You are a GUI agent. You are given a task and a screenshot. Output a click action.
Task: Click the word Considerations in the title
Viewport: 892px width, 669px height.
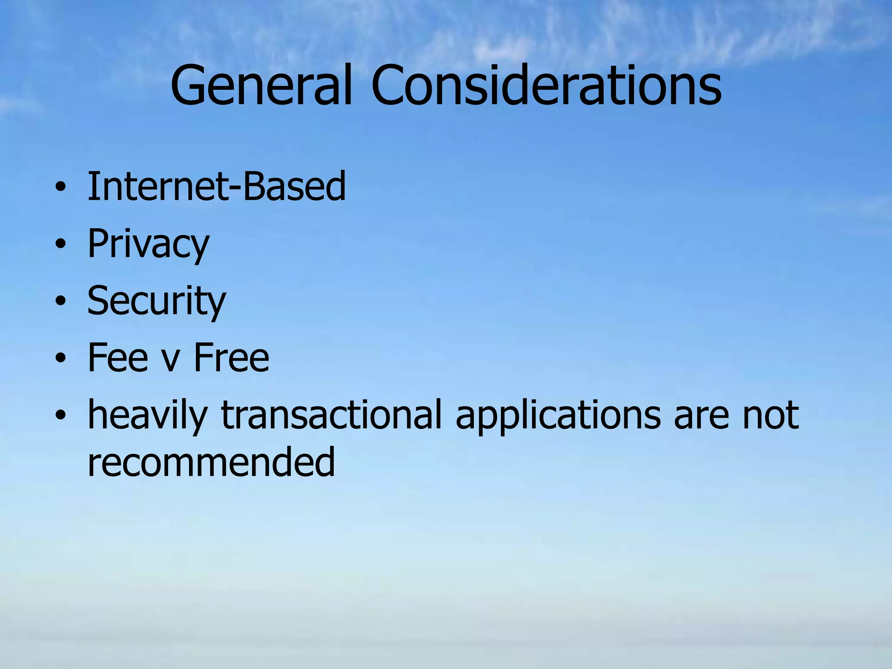546,85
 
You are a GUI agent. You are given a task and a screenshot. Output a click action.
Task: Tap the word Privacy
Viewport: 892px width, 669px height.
149,244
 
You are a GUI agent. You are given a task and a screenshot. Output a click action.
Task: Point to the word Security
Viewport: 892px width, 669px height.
156,301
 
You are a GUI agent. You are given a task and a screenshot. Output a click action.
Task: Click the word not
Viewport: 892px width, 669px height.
770,416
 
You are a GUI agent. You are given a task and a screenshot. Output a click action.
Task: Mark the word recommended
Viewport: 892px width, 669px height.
211,462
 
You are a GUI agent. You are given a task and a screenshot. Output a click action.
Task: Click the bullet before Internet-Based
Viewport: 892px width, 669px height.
61,188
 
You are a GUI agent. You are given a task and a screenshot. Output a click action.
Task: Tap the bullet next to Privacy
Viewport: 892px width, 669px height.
61,245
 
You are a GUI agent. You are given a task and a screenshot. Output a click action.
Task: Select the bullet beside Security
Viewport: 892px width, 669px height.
61,301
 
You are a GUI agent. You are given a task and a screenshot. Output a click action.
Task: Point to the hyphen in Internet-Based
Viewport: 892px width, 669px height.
233,190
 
